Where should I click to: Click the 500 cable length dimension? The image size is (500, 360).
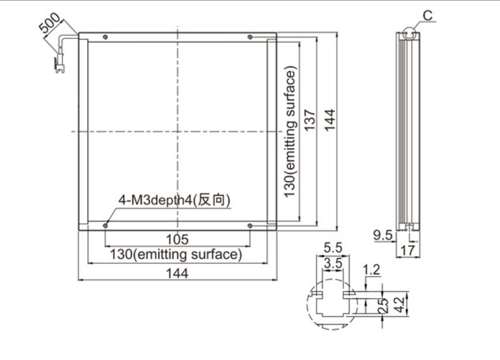(49, 23)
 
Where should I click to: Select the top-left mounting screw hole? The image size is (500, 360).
(105, 37)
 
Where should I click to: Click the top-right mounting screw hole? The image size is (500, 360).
(250, 37)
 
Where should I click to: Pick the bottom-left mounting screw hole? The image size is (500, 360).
(105, 226)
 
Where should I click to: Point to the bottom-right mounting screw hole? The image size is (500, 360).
(250, 226)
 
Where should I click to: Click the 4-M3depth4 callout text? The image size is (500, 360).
(174, 200)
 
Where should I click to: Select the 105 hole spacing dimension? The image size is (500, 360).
(177, 239)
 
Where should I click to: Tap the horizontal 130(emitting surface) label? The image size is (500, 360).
(176, 255)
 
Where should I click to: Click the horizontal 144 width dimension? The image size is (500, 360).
(177, 273)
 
